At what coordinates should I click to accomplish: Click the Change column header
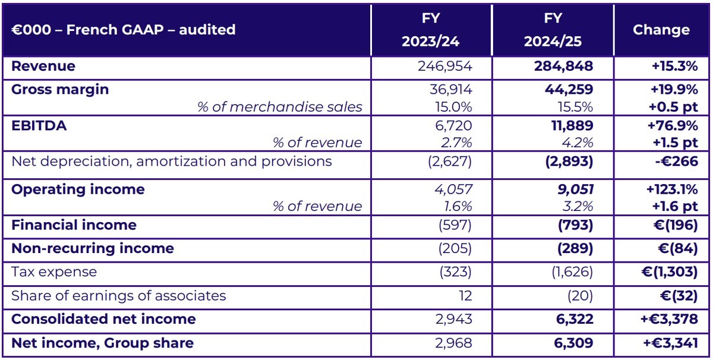click(x=661, y=30)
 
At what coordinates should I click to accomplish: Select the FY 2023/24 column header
click(x=431, y=30)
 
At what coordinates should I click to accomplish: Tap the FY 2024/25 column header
click(x=553, y=30)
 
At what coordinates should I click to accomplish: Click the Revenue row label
click(x=43, y=66)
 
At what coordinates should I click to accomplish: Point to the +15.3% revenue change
click(x=674, y=66)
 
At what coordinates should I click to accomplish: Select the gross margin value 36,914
click(x=452, y=90)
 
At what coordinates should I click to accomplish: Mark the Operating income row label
click(x=78, y=190)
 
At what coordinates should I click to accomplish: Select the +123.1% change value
click(x=670, y=190)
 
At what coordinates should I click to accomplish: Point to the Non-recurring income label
click(x=93, y=248)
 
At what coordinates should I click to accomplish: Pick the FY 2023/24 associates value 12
click(x=466, y=295)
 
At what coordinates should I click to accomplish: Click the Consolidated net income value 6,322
click(x=572, y=319)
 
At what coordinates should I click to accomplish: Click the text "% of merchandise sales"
click(x=280, y=108)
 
